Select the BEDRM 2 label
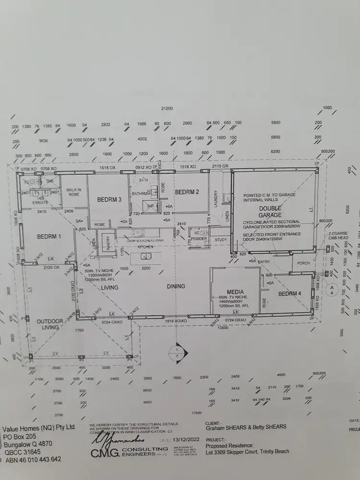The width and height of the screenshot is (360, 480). (x=187, y=192)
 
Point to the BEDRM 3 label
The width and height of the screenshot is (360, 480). (x=109, y=199)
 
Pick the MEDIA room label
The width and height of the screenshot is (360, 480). (x=235, y=292)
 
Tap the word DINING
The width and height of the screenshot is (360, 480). (x=176, y=287)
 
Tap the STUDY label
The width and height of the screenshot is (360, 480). (x=221, y=240)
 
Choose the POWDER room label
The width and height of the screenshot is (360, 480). (x=199, y=239)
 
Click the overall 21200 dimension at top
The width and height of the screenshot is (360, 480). (x=167, y=109)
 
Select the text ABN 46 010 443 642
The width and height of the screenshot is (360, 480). (x=32, y=459)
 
